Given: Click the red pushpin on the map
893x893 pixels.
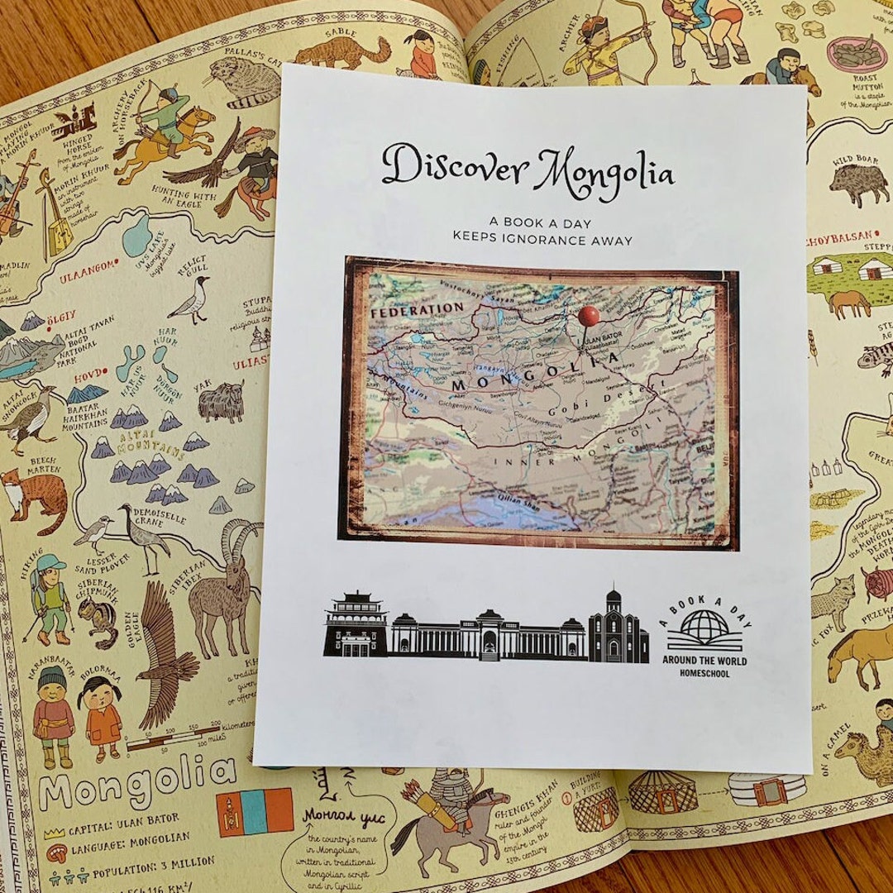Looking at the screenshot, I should pyautogui.click(x=588, y=315).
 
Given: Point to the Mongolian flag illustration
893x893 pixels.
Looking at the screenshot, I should pyautogui.click(x=255, y=811).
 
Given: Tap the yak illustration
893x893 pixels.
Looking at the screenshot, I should pyautogui.click(x=221, y=402).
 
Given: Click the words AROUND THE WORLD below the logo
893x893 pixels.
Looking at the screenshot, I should pyautogui.click(x=704, y=661).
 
